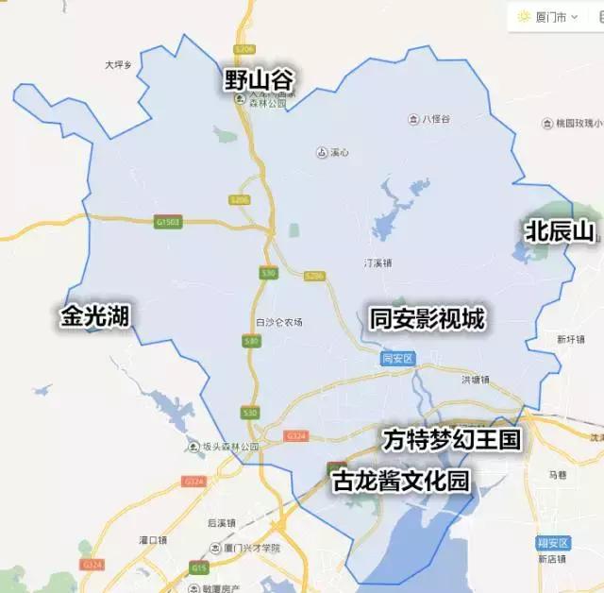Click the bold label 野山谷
259,78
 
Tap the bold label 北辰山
562,229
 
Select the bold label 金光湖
94,315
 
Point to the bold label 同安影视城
427,319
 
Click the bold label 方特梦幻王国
451,440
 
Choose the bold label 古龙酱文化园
401,481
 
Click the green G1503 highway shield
167,222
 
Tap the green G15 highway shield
197,567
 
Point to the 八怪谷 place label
434,119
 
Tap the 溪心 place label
337,152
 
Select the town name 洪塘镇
475,380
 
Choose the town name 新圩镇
572,339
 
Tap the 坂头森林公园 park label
226,447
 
